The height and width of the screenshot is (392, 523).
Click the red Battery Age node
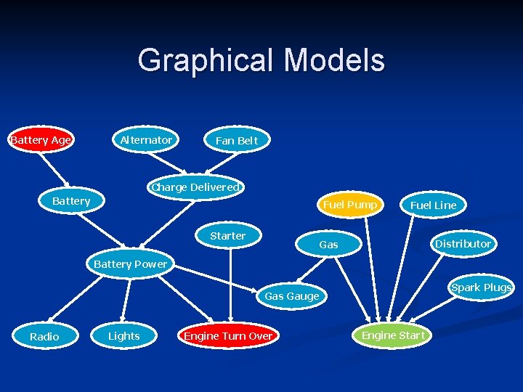(41, 140)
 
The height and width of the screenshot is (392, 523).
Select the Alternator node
(146, 140)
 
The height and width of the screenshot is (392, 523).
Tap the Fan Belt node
(237, 140)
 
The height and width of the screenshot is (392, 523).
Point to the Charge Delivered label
(195, 187)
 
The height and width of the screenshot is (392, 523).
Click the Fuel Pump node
(350, 205)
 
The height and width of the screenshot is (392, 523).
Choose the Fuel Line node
(433, 205)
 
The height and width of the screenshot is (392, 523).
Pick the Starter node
(227, 236)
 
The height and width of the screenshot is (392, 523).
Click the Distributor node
(463, 244)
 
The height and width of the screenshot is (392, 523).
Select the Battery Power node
(130, 264)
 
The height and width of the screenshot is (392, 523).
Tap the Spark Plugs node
(481, 287)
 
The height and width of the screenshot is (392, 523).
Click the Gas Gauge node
(291, 296)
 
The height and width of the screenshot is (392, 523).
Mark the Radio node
(44, 336)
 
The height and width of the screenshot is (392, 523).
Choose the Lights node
(123, 336)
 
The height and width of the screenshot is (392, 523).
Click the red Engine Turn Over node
(228, 335)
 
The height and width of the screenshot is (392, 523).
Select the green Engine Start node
(393, 335)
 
